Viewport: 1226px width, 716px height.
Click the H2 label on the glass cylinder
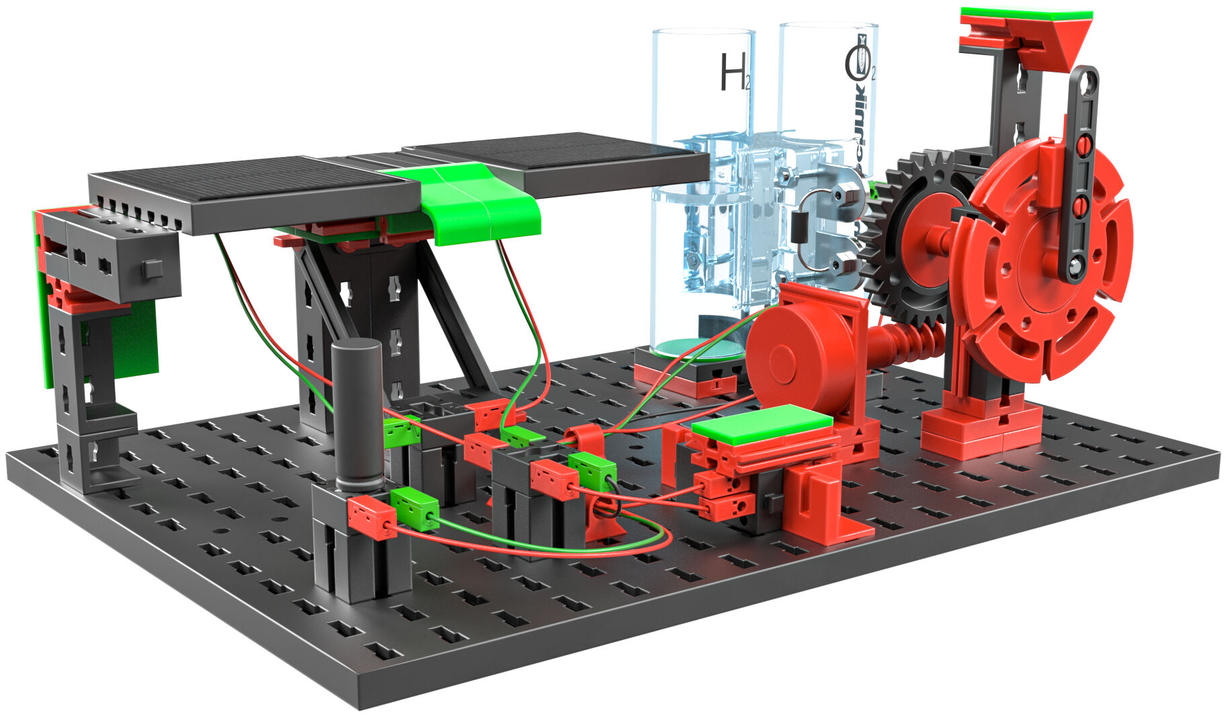pyautogui.click(x=733, y=73)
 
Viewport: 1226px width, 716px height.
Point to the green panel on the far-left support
pyautogui.click(x=134, y=336)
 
